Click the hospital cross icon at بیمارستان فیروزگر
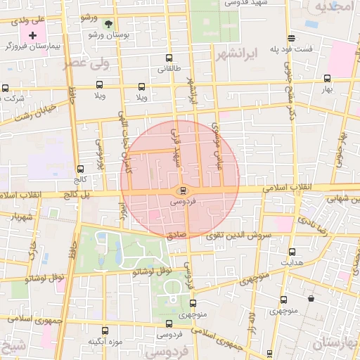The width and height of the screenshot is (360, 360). [32, 34]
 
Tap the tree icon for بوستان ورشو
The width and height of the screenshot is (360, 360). [108, 23]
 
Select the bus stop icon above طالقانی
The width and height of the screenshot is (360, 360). [167, 58]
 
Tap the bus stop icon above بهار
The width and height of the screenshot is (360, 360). [326, 79]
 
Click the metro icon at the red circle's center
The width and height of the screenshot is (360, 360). [181, 191]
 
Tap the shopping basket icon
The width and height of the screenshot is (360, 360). [311, 298]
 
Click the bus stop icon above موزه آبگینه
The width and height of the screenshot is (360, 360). [105, 330]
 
